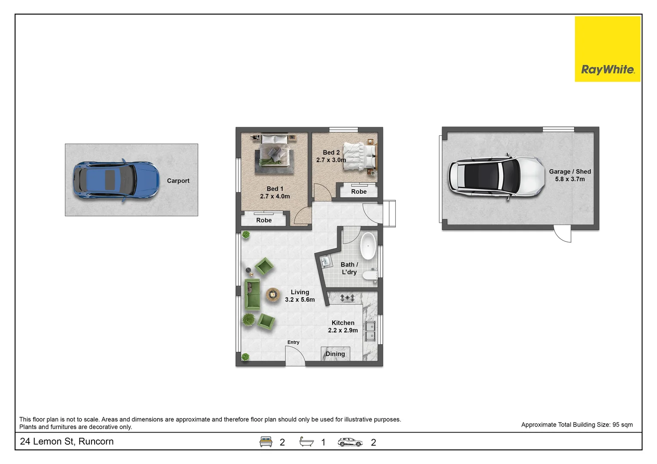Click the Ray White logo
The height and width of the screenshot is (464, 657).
pyautogui.click(x=608, y=49)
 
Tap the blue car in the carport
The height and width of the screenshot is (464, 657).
pyautogui.click(x=116, y=180)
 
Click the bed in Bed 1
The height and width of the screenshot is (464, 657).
pyautogui.click(x=274, y=151)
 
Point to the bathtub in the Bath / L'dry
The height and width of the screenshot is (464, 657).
pyautogui.click(x=368, y=246)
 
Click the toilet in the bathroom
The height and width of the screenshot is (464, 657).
pyautogui.click(x=370, y=275)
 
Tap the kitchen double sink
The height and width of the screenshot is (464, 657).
pyautogui.click(x=370, y=331)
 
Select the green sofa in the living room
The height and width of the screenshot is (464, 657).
pyautogui.click(x=252, y=294)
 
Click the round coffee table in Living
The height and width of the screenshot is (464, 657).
pyautogui.click(x=273, y=294)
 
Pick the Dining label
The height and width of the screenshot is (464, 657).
pyautogui.click(x=335, y=354)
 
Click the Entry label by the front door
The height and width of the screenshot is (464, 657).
pyautogui.click(x=293, y=342)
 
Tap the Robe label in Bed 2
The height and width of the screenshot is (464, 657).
pyautogui.click(x=359, y=192)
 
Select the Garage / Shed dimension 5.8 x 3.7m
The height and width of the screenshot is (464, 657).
pyautogui.click(x=570, y=179)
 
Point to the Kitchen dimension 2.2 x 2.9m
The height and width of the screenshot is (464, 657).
pyautogui.click(x=343, y=330)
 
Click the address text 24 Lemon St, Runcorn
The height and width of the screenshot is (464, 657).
pyautogui.click(x=67, y=441)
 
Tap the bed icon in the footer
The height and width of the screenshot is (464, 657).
pyautogui.click(x=266, y=442)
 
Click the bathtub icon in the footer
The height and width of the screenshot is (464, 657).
pyautogui.click(x=306, y=441)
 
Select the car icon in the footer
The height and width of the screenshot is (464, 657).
pyautogui.click(x=350, y=442)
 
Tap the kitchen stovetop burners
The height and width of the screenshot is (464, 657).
pyautogui.click(x=347, y=298)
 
